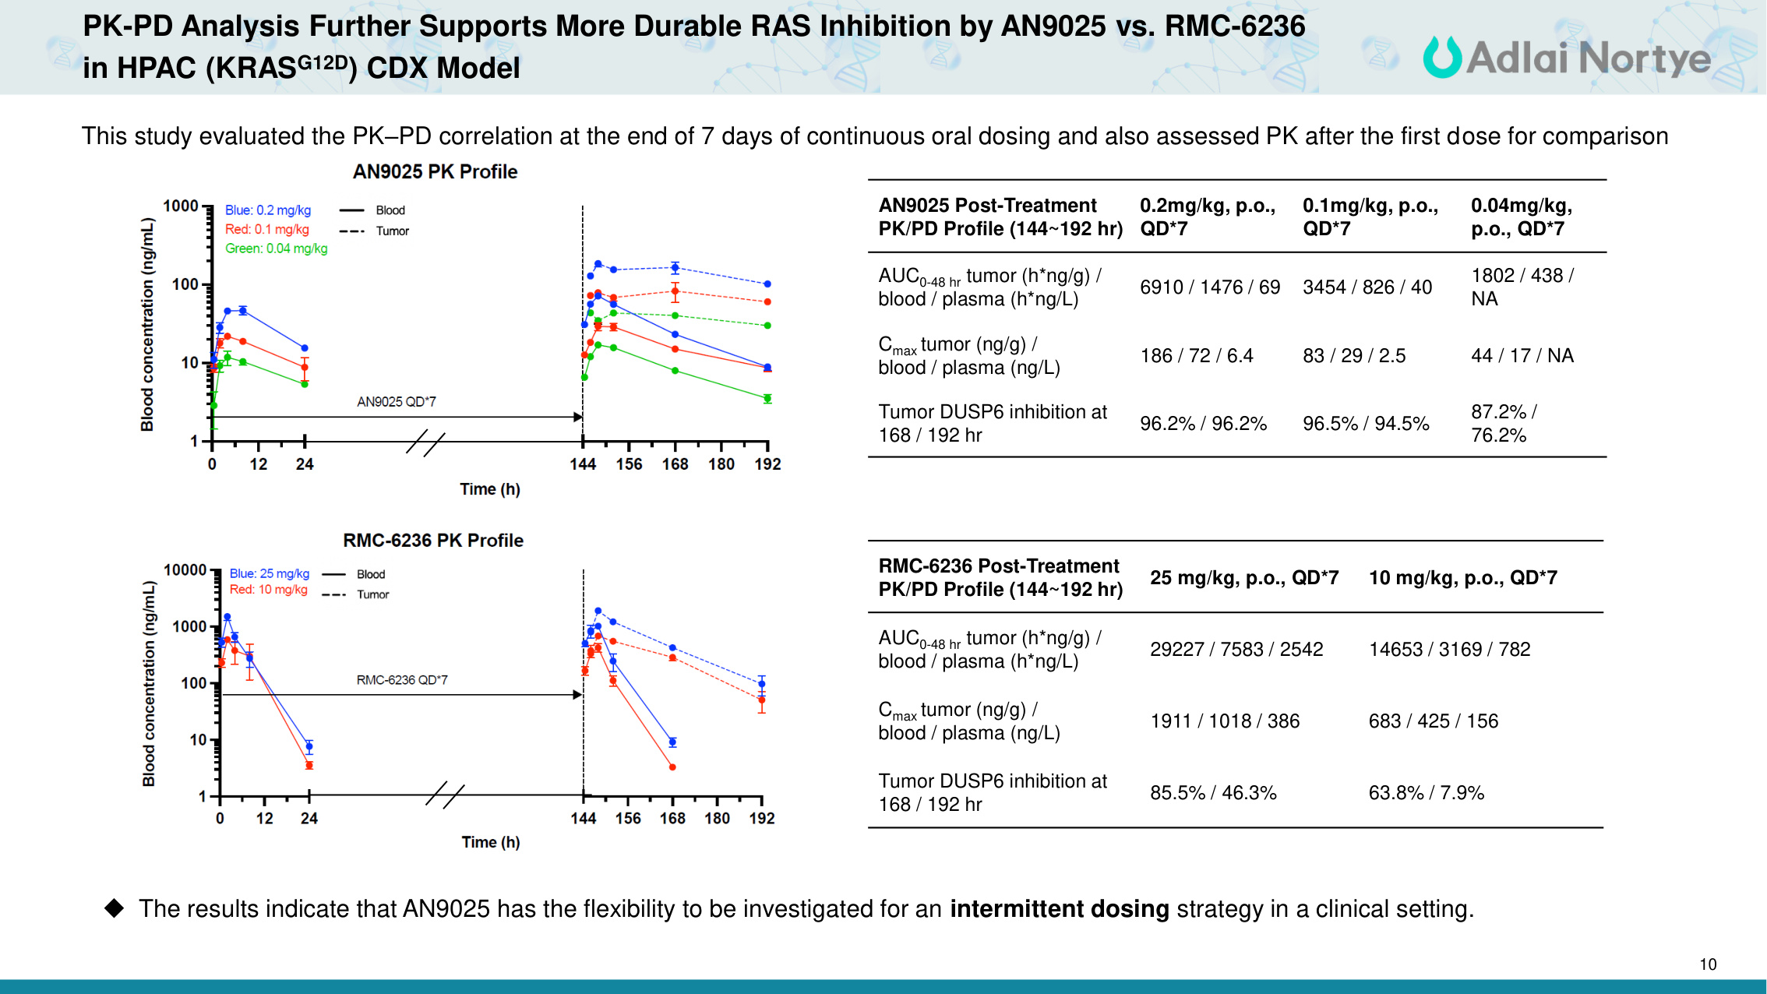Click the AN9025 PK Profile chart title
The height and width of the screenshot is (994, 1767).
click(435, 171)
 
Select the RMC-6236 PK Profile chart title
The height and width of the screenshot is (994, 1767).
click(433, 540)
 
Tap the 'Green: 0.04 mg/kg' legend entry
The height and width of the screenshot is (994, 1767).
click(276, 248)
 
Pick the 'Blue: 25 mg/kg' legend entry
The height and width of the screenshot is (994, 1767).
click(269, 573)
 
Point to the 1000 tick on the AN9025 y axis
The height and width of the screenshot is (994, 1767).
click(181, 206)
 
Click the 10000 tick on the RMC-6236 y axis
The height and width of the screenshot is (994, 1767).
click(185, 570)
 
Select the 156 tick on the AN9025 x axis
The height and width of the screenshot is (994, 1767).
click(629, 464)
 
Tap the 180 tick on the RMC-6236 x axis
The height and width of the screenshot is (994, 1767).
click(717, 818)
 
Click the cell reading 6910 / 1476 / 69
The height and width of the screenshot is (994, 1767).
click(1209, 287)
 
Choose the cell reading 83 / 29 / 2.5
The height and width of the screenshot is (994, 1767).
click(1354, 356)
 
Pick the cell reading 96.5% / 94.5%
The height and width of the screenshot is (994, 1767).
click(1366, 424)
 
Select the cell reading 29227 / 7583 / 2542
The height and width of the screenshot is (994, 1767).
click(1236, 649)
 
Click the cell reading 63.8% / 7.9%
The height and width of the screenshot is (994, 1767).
click(1426, 793)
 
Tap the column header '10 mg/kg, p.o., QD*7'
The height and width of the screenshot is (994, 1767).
click(1462, 577)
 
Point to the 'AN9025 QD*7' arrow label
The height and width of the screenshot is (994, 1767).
click(396, 402)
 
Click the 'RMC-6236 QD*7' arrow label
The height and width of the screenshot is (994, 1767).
click(402, 680)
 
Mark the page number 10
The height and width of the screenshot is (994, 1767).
click(1708, 964)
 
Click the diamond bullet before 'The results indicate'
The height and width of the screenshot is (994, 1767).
click(115, 908)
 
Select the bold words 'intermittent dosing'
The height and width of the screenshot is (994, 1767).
click(1059, 909)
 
